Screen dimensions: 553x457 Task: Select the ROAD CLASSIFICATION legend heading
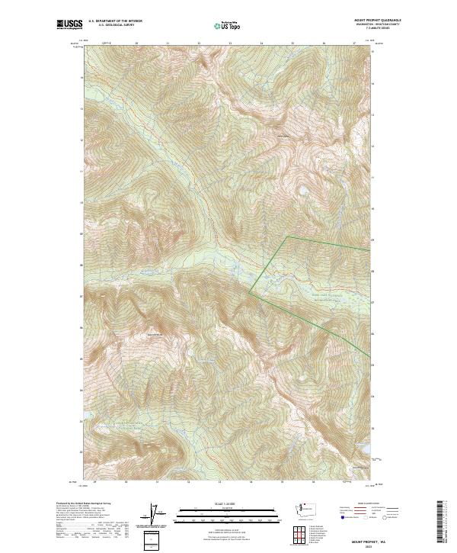pyautogui.click(x=369, y=504)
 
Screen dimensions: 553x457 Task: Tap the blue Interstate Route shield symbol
pyautogui.click(x=342, y=518)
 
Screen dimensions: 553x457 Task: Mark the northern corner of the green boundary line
pyautogui.click(x=288, y=236)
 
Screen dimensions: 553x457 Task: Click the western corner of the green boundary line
pyautogui.click(x=248, y=291)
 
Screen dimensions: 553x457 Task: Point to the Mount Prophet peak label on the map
pyautogui.click(x=154, y=332)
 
